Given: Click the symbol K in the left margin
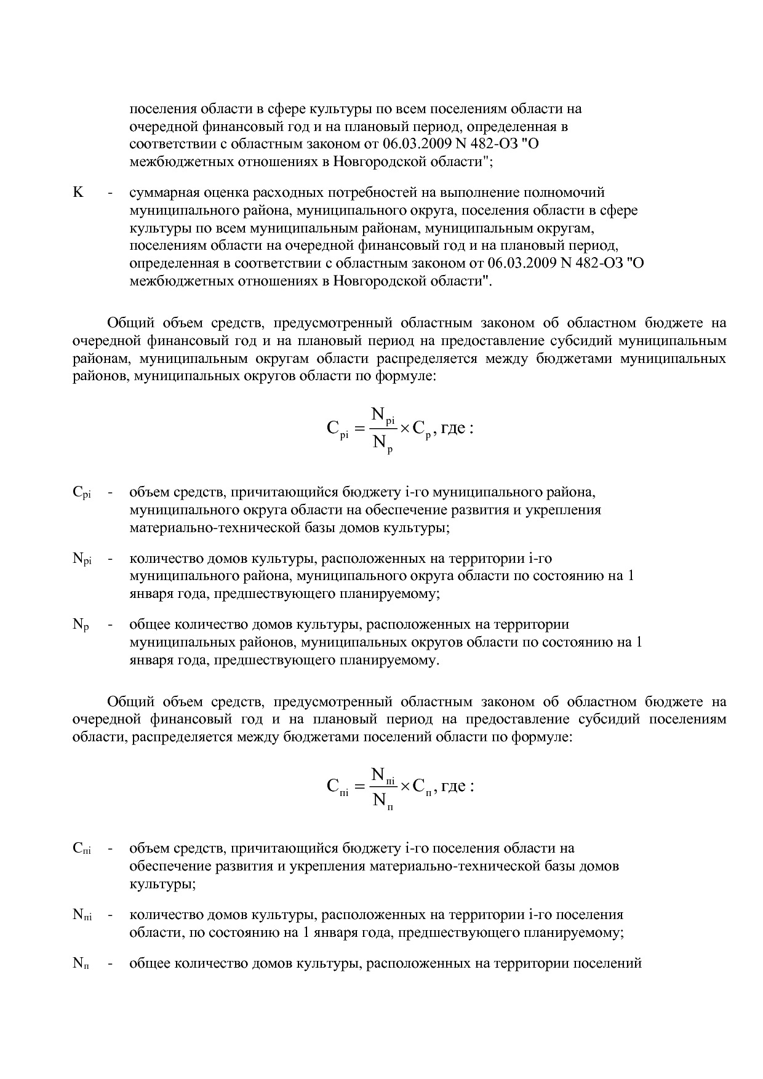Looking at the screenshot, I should [x=78, y=193].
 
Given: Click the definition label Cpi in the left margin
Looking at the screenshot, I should [x=82, y=493].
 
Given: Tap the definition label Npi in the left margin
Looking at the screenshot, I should [x=82, y=559].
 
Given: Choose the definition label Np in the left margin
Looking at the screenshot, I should [x=81, y=625].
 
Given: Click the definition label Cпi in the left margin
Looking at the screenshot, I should [x=82, y=849].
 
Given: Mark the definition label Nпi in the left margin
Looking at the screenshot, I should [x=82, y=915].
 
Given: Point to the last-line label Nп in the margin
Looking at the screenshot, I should [x=81, y=963].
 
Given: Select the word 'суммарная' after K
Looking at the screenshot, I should [x=159, y=193].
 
